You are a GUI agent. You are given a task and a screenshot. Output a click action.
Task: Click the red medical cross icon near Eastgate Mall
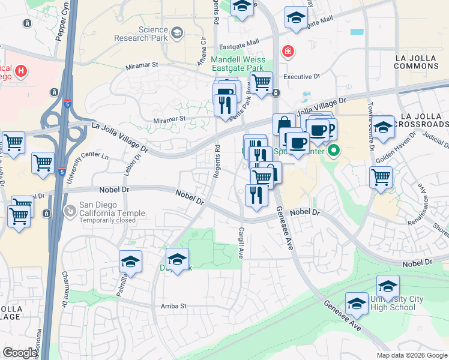pyautogui.click(x=289, y=52)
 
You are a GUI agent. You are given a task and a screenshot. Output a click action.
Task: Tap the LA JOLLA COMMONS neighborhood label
pyautogui.click(x=417, y=61)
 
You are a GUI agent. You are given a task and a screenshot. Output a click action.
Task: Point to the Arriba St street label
pyautogui.click(x=173, y=305)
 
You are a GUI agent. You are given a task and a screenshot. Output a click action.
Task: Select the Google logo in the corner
pyautogui.click(x=20, y=353)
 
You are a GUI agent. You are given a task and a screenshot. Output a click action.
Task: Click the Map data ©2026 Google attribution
pyautogui.click(x=411, y=355)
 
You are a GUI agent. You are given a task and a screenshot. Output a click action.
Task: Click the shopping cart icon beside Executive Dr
pyautogui.click(x=261, y=83)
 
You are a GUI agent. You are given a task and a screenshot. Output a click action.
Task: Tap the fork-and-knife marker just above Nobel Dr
pyautogui.click(x=256, y=195)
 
